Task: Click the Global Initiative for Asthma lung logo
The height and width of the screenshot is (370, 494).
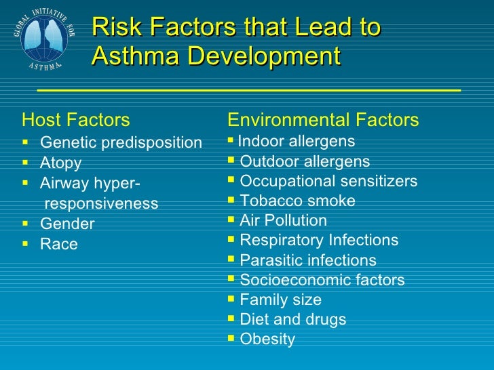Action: [40, 37]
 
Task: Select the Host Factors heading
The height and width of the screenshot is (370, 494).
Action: [75, 121]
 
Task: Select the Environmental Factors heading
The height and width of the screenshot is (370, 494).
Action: [323, 121]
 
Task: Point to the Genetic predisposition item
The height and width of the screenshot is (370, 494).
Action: [121, 142]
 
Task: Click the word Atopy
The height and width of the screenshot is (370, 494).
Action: [60, 163]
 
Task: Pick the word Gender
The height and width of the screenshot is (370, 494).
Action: [67, 224]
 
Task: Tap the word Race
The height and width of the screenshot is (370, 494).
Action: [59, 244]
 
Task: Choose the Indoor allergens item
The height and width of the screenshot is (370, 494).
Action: [297, 142]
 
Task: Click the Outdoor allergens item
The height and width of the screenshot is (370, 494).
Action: [305, 161]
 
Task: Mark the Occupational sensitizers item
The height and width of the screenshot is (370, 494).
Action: [328, 182]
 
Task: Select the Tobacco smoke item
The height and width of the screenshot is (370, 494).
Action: [297, 201]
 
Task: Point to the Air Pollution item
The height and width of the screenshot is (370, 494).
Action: [283, 221]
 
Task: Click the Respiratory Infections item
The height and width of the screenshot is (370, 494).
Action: [319, 241]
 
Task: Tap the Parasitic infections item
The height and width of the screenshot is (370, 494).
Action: [308, 260]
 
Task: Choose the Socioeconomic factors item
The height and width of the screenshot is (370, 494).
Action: [322, 280]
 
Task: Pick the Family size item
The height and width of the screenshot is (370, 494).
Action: [280, 300]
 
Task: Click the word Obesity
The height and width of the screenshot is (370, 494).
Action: [267, 339]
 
